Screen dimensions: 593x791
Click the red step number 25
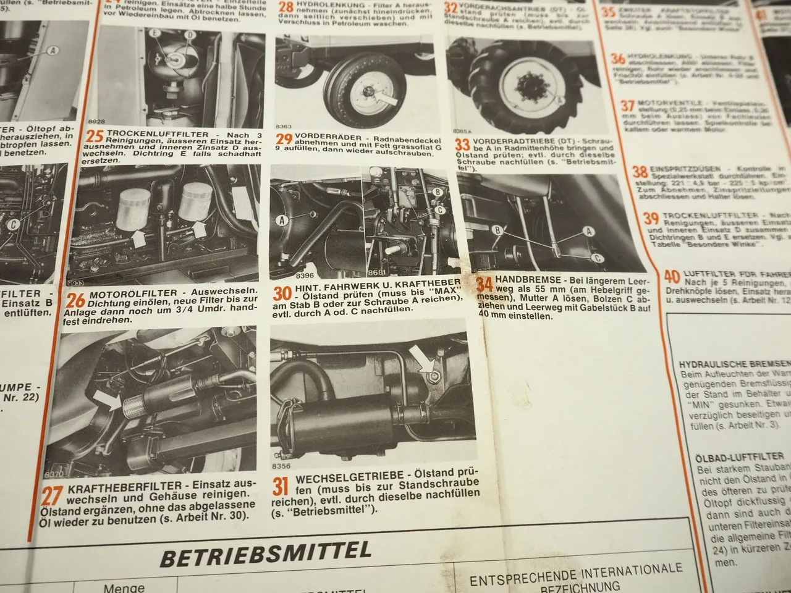(94, 138)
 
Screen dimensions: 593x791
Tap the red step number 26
(75, 301)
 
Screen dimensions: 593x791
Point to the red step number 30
(282, 293)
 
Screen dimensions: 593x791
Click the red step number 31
(281, 487)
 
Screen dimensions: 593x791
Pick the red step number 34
(484, 284)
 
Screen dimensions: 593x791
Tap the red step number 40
(672, 277)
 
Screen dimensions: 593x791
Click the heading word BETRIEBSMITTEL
(266, 553)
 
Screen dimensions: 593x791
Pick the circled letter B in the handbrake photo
(496, 230)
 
